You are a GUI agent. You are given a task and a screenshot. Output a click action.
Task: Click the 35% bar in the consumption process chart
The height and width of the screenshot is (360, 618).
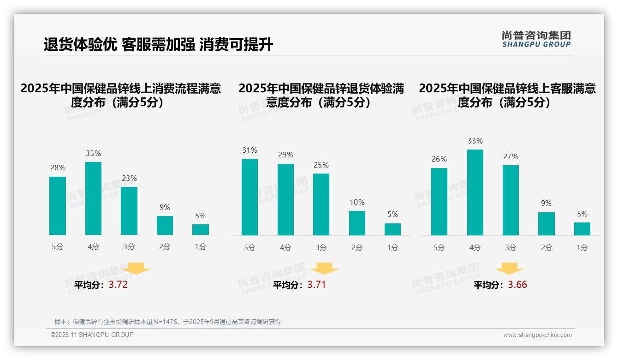click(93, 198)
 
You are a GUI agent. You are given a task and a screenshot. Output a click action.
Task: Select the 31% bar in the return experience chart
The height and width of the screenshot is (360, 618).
click(250, 197)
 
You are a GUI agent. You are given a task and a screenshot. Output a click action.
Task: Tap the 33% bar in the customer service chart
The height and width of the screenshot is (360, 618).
click(475, 192)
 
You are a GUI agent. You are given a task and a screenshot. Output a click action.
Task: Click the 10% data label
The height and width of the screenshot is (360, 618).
click(357, 202)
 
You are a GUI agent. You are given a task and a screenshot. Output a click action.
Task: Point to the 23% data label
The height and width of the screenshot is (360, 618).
click(129, 178)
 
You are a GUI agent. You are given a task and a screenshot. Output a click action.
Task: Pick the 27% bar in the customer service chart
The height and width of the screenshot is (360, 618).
click(511, 200)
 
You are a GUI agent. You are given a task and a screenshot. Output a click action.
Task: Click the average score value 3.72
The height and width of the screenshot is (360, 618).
click(118, 285)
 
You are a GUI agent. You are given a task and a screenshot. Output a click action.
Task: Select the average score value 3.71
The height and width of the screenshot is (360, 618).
click(316, 285)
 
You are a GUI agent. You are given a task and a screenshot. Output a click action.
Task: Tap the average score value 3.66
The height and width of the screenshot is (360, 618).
click(517, 285)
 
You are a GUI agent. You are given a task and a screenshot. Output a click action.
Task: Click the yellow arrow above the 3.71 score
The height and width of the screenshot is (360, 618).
click(324, 269)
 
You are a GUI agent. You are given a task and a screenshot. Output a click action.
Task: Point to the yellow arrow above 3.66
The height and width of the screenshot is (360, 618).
click(509, 269)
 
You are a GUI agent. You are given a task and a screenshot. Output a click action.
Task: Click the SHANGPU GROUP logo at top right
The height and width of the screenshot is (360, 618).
click(536, 39)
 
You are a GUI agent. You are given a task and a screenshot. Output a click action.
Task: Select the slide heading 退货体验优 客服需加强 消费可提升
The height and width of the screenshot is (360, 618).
click(158, 45)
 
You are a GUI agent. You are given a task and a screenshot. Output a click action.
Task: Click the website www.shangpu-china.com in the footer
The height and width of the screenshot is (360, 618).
click(537, 335)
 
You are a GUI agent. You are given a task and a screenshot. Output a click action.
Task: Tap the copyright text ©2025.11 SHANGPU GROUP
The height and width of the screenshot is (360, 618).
click(92, 335)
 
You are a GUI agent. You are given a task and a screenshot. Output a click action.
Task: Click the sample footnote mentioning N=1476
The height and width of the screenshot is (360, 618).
click(167, 322)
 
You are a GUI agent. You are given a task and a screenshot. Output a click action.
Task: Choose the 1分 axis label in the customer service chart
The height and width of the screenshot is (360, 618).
click(582, 247)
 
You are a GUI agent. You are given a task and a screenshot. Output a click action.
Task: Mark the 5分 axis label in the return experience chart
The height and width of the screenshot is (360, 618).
click(250, 247)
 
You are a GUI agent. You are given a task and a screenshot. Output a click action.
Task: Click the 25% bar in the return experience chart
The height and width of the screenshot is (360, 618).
click(321, 204)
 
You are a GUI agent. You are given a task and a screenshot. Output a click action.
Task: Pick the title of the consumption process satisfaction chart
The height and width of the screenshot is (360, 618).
click(121, 95)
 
